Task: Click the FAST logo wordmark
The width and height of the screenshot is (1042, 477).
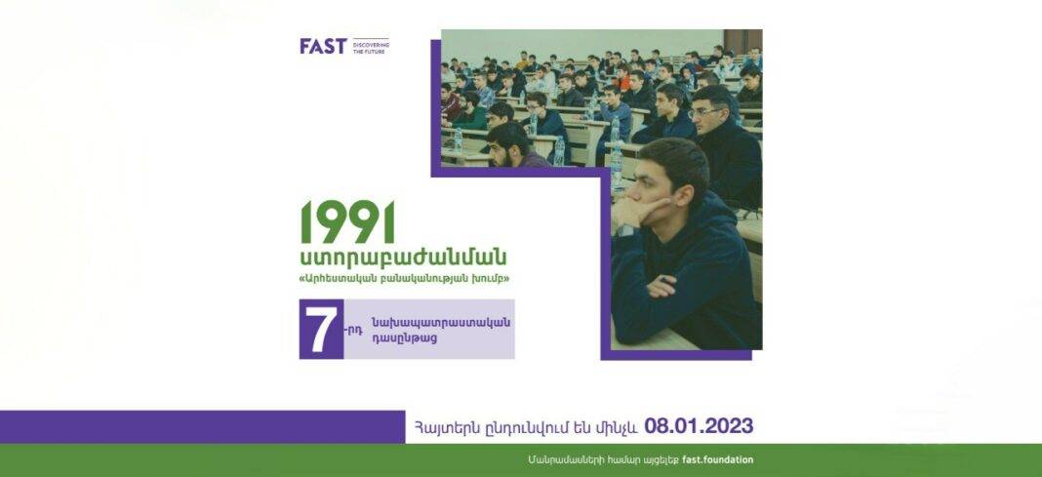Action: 323,46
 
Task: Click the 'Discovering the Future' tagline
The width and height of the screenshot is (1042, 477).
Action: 372,47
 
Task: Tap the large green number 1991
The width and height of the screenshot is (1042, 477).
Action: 347,221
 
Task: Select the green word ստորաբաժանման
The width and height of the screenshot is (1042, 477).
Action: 403,258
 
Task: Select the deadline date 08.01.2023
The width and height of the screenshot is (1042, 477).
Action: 699,426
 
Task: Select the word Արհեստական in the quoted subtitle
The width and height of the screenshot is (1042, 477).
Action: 339,279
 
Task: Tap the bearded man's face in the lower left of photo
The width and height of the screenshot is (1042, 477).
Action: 501,149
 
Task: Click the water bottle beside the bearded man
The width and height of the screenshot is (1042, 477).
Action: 559,151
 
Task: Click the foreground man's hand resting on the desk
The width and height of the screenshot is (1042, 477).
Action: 662,286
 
